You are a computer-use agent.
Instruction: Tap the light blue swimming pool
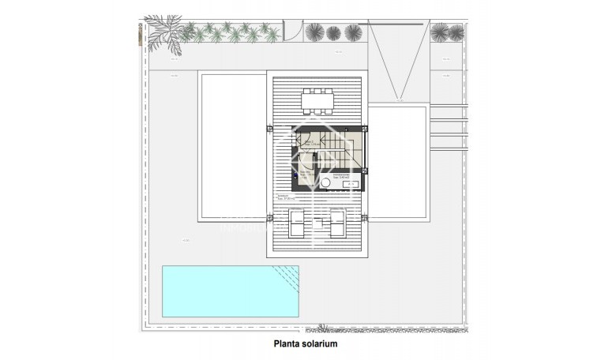coord(221,291)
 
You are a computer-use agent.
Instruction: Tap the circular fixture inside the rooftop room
coord(325,182)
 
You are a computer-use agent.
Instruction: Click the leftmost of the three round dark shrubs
coord(314,32)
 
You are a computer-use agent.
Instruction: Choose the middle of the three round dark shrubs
coord(333,32)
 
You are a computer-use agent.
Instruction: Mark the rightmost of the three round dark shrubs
coord(351,32)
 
